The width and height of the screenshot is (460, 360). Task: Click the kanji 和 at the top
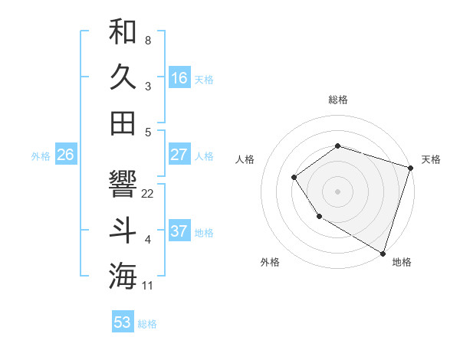point(123,31)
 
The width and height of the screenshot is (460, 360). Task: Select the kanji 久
point(123,77)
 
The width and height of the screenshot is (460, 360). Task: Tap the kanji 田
point(123,123)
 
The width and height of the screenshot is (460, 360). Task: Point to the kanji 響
point(123,184)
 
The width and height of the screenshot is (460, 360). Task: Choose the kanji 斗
point(123,231)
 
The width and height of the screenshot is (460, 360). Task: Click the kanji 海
point(123,277)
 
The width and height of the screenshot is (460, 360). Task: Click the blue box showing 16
point(179,77)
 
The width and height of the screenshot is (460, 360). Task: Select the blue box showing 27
point(179,155)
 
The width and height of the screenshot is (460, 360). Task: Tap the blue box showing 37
point(179,231)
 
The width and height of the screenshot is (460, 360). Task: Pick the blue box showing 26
point(65,155)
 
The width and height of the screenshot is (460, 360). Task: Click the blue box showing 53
point(123,322)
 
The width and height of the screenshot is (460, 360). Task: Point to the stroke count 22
point(148,194)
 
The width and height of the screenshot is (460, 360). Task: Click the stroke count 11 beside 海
point(148,286)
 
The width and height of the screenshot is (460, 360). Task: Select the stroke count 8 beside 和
point(147,40)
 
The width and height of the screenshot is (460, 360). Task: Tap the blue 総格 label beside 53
point(147,324)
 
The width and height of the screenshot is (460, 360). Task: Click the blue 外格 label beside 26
point(41,156)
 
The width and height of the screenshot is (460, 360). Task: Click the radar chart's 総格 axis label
point(337,100)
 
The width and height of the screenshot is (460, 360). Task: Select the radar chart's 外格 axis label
point(270,262)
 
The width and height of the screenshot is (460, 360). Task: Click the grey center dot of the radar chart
point(337,191)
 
